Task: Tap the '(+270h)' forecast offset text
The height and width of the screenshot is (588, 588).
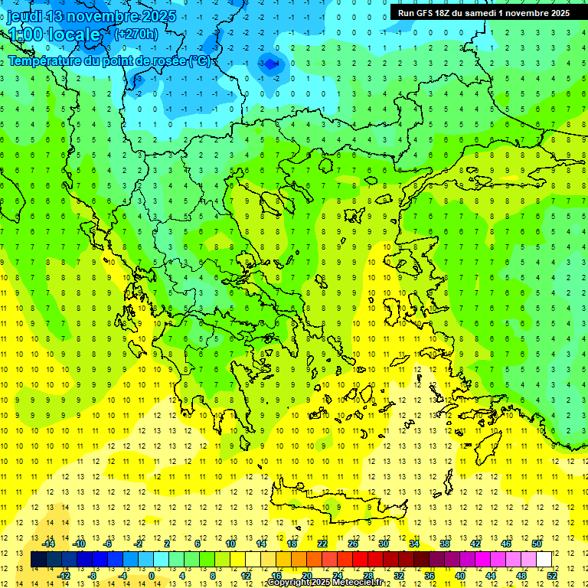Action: [136, 34]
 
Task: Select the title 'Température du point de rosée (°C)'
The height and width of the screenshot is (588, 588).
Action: [109, 60]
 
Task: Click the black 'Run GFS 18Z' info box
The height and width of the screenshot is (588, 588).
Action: [483, 12]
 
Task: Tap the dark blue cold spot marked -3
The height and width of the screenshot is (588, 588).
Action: [269, 64]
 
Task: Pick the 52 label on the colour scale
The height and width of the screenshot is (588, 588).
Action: [552, 575]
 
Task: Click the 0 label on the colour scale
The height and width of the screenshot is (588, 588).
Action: [152, 575]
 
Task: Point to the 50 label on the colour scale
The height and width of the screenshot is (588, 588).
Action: [537, 543]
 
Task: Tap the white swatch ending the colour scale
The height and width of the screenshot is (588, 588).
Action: [544, 559]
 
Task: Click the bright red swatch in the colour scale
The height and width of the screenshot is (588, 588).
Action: [360, 559]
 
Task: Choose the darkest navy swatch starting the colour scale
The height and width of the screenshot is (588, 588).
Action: [38, 559]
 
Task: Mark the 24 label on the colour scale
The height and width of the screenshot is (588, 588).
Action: [337, 575]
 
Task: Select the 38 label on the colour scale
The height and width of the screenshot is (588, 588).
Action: [445, 543]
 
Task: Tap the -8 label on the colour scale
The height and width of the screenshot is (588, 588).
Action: [93, 575]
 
